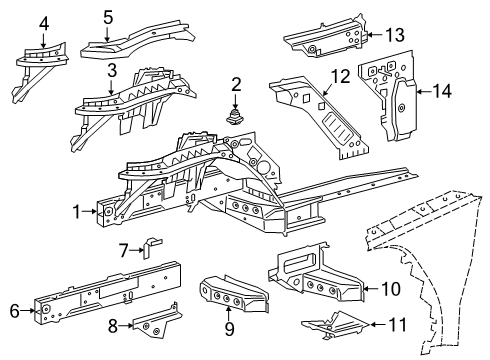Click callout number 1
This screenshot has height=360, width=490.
76,211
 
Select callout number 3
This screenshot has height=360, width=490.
113,71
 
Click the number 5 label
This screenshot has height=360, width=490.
108,16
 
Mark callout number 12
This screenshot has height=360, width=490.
341,74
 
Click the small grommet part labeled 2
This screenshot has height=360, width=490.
237,117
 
